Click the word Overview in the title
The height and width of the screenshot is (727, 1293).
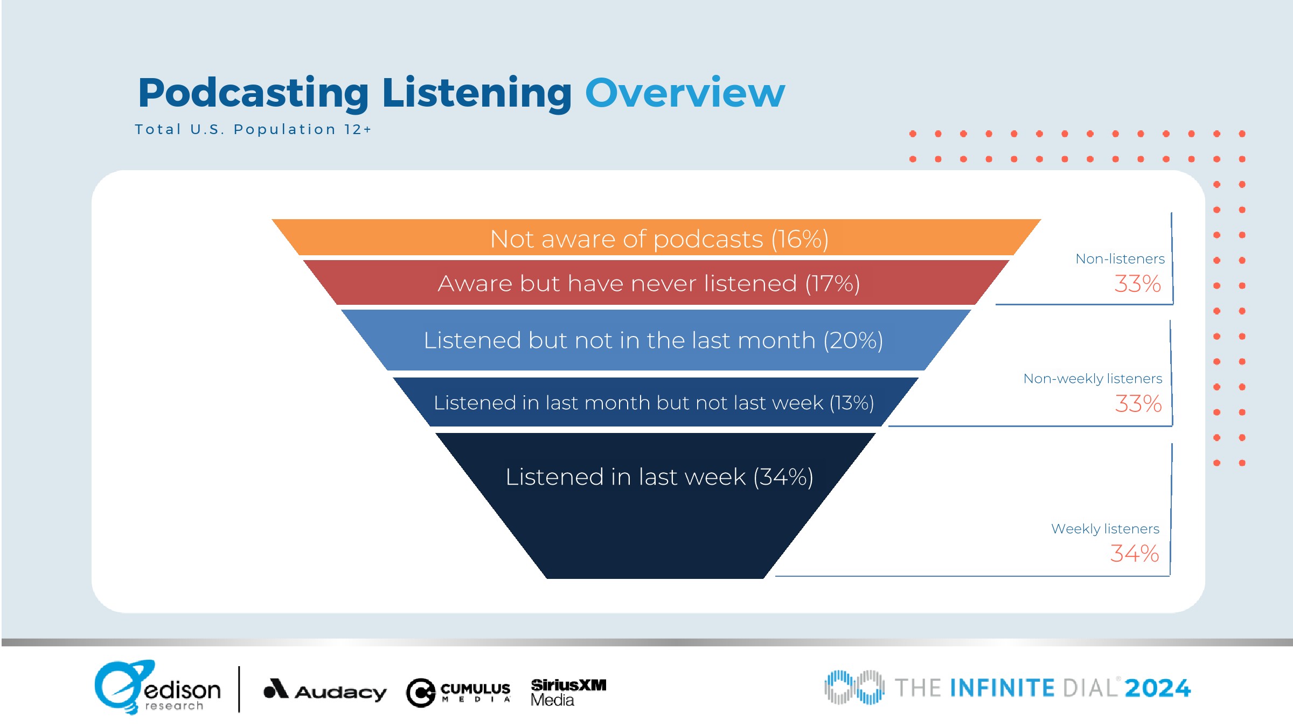pos(685,93)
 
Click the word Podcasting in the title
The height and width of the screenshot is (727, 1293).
pos(253,95)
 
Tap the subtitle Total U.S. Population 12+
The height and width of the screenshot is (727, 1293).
pos(253,129)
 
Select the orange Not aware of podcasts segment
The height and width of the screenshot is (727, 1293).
pos(656,237)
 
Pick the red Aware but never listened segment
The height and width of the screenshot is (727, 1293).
pos(656,283)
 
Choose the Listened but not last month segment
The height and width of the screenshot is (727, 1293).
pos(656,340)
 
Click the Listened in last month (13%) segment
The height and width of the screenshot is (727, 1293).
pos(656,402)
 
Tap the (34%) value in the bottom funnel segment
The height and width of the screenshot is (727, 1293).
pos(783,477)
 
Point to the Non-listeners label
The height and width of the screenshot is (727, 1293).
pos(1120,259)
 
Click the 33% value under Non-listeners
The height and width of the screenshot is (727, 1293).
pos(1137,284)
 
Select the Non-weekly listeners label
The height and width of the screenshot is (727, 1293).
pos(1093,379)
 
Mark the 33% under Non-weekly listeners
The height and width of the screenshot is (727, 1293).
pos(1138,404)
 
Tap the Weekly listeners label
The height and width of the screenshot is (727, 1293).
pos(1105,529)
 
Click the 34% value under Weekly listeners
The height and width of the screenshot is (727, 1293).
pos(1135,554)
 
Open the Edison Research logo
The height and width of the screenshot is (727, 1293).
pos(157,687)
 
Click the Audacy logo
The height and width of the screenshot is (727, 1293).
pos(325,690)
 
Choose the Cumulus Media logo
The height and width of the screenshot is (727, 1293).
pos(458,693)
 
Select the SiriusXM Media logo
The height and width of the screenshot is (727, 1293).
pos(568,693)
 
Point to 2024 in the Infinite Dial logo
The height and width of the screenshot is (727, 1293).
pos(1157,688)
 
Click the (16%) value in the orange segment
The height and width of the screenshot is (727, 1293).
pos(800,239)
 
